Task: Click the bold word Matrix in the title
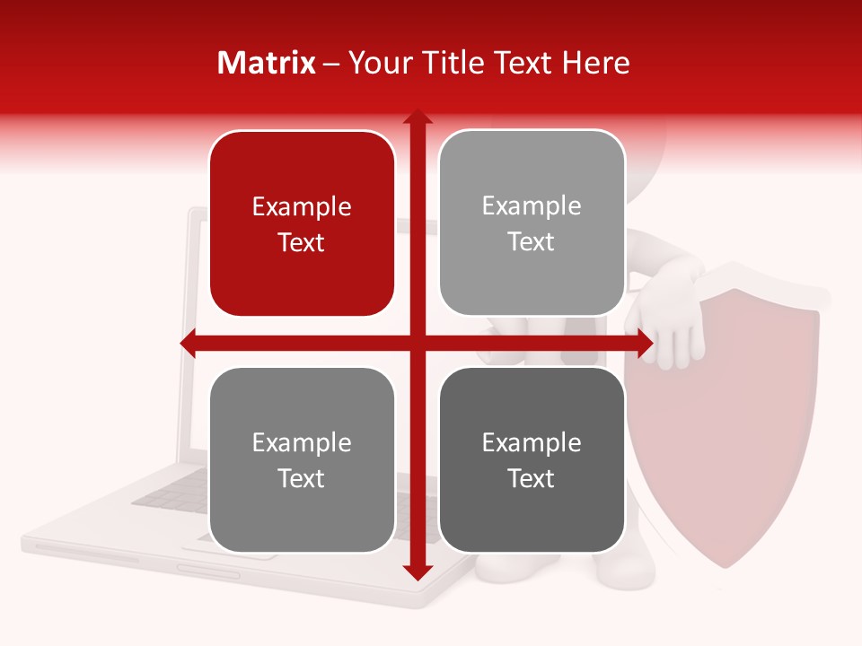pyautogui.click(x=267, y=63)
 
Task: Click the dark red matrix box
pyautogui.click(x=302, y=223)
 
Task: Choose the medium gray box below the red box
pyautogui.click(x=302, y=459)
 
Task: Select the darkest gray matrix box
pyautogui.click(x=532, y=459)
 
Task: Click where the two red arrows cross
pyautogui.click(x=417, y=344)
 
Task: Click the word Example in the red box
pyautogui.click(x=302, y=207)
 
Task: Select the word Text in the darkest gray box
pyautogui.click(x=532, y=478)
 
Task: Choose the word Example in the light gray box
pyautogui.click(x=532, y=206)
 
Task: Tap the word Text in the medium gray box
pyautogui.click(x=302, y=478)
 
